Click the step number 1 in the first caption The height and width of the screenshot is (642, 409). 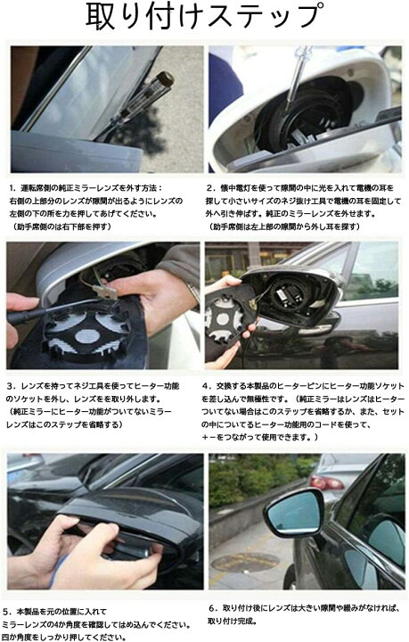coord(12,189)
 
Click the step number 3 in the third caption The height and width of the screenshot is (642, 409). coord(12,385)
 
